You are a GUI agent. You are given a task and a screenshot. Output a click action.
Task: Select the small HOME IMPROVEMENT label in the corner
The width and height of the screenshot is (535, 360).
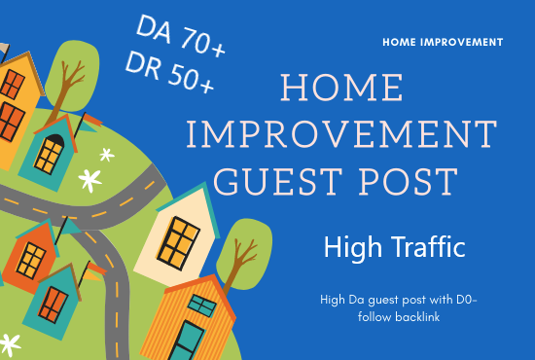443,43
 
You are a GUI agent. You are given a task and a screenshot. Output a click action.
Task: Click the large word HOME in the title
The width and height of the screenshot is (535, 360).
343,90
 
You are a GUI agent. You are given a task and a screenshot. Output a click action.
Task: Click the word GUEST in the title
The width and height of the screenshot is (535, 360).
276,181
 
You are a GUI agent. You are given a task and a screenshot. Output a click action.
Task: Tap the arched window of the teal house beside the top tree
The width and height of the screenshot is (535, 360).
53,150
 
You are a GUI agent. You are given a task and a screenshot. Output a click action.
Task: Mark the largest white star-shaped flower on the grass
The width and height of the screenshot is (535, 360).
89,180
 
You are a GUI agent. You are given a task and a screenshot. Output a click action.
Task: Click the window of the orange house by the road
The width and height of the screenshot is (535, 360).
31,259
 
